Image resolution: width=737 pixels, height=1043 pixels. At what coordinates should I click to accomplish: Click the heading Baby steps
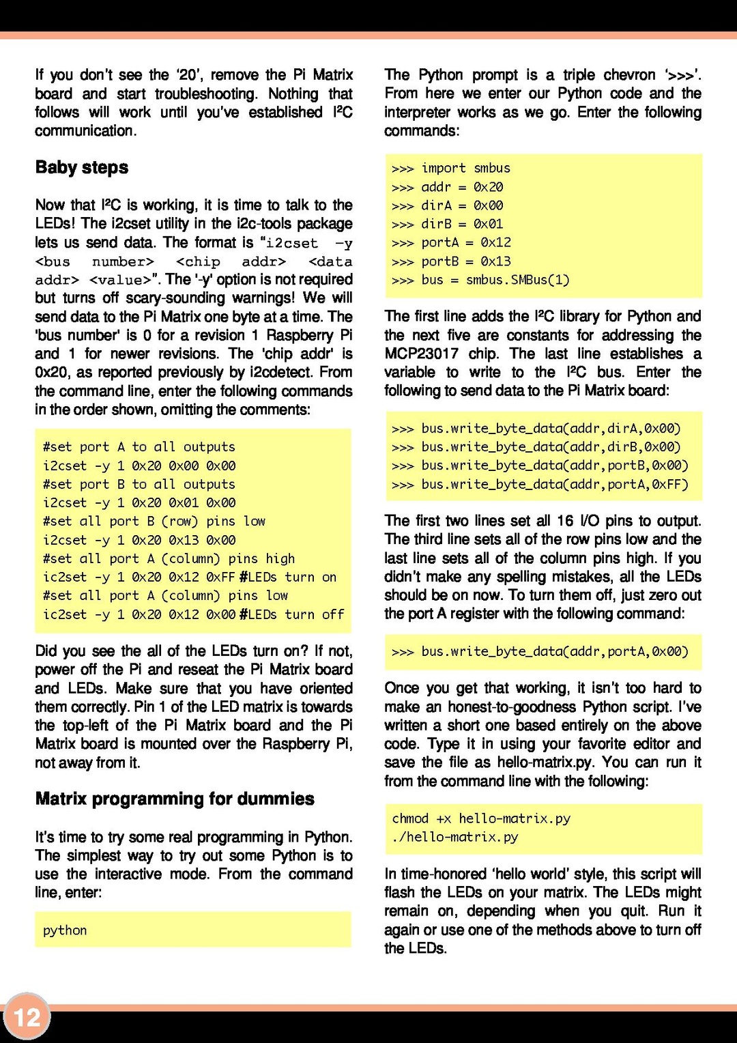click(x=82, y=168)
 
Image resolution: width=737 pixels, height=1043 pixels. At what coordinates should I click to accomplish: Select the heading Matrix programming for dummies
click(x=175, y=799)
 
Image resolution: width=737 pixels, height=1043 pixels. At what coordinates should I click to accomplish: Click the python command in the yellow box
click(x=65, y=930)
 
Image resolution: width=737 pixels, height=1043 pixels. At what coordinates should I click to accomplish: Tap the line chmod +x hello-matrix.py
click(x=481, y=818)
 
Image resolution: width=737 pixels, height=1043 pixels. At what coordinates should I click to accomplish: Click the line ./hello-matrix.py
click(x=455, y=837)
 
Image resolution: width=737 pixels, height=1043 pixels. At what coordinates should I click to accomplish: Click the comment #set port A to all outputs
click(x=139, y=447)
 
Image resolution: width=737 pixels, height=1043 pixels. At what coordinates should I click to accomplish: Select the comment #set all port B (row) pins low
click(x=154, y=521)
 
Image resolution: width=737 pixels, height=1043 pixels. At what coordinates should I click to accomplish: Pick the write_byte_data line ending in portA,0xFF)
click(x=554, y=485)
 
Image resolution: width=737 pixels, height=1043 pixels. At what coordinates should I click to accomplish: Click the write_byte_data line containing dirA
click(x=551, y=429)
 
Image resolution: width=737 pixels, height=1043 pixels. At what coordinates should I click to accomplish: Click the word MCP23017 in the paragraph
click(x=421, y=354)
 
